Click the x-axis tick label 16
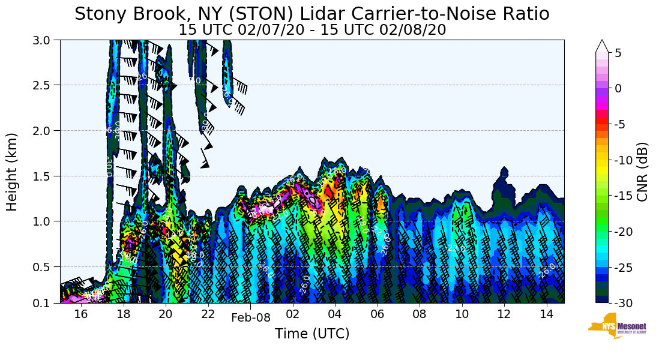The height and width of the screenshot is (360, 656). point(81,314)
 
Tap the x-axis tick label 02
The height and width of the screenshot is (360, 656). point(293,314)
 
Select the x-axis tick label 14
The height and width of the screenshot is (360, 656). point(546,314)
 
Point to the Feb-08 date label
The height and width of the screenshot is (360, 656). point(250,318)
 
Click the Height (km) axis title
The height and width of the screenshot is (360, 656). point(13,172)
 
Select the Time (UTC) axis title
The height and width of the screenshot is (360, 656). point(312,334)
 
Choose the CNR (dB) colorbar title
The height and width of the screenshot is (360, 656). point(642,172)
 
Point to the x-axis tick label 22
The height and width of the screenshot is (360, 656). point(208,314)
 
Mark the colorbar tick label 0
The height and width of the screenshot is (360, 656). point(618,88)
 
